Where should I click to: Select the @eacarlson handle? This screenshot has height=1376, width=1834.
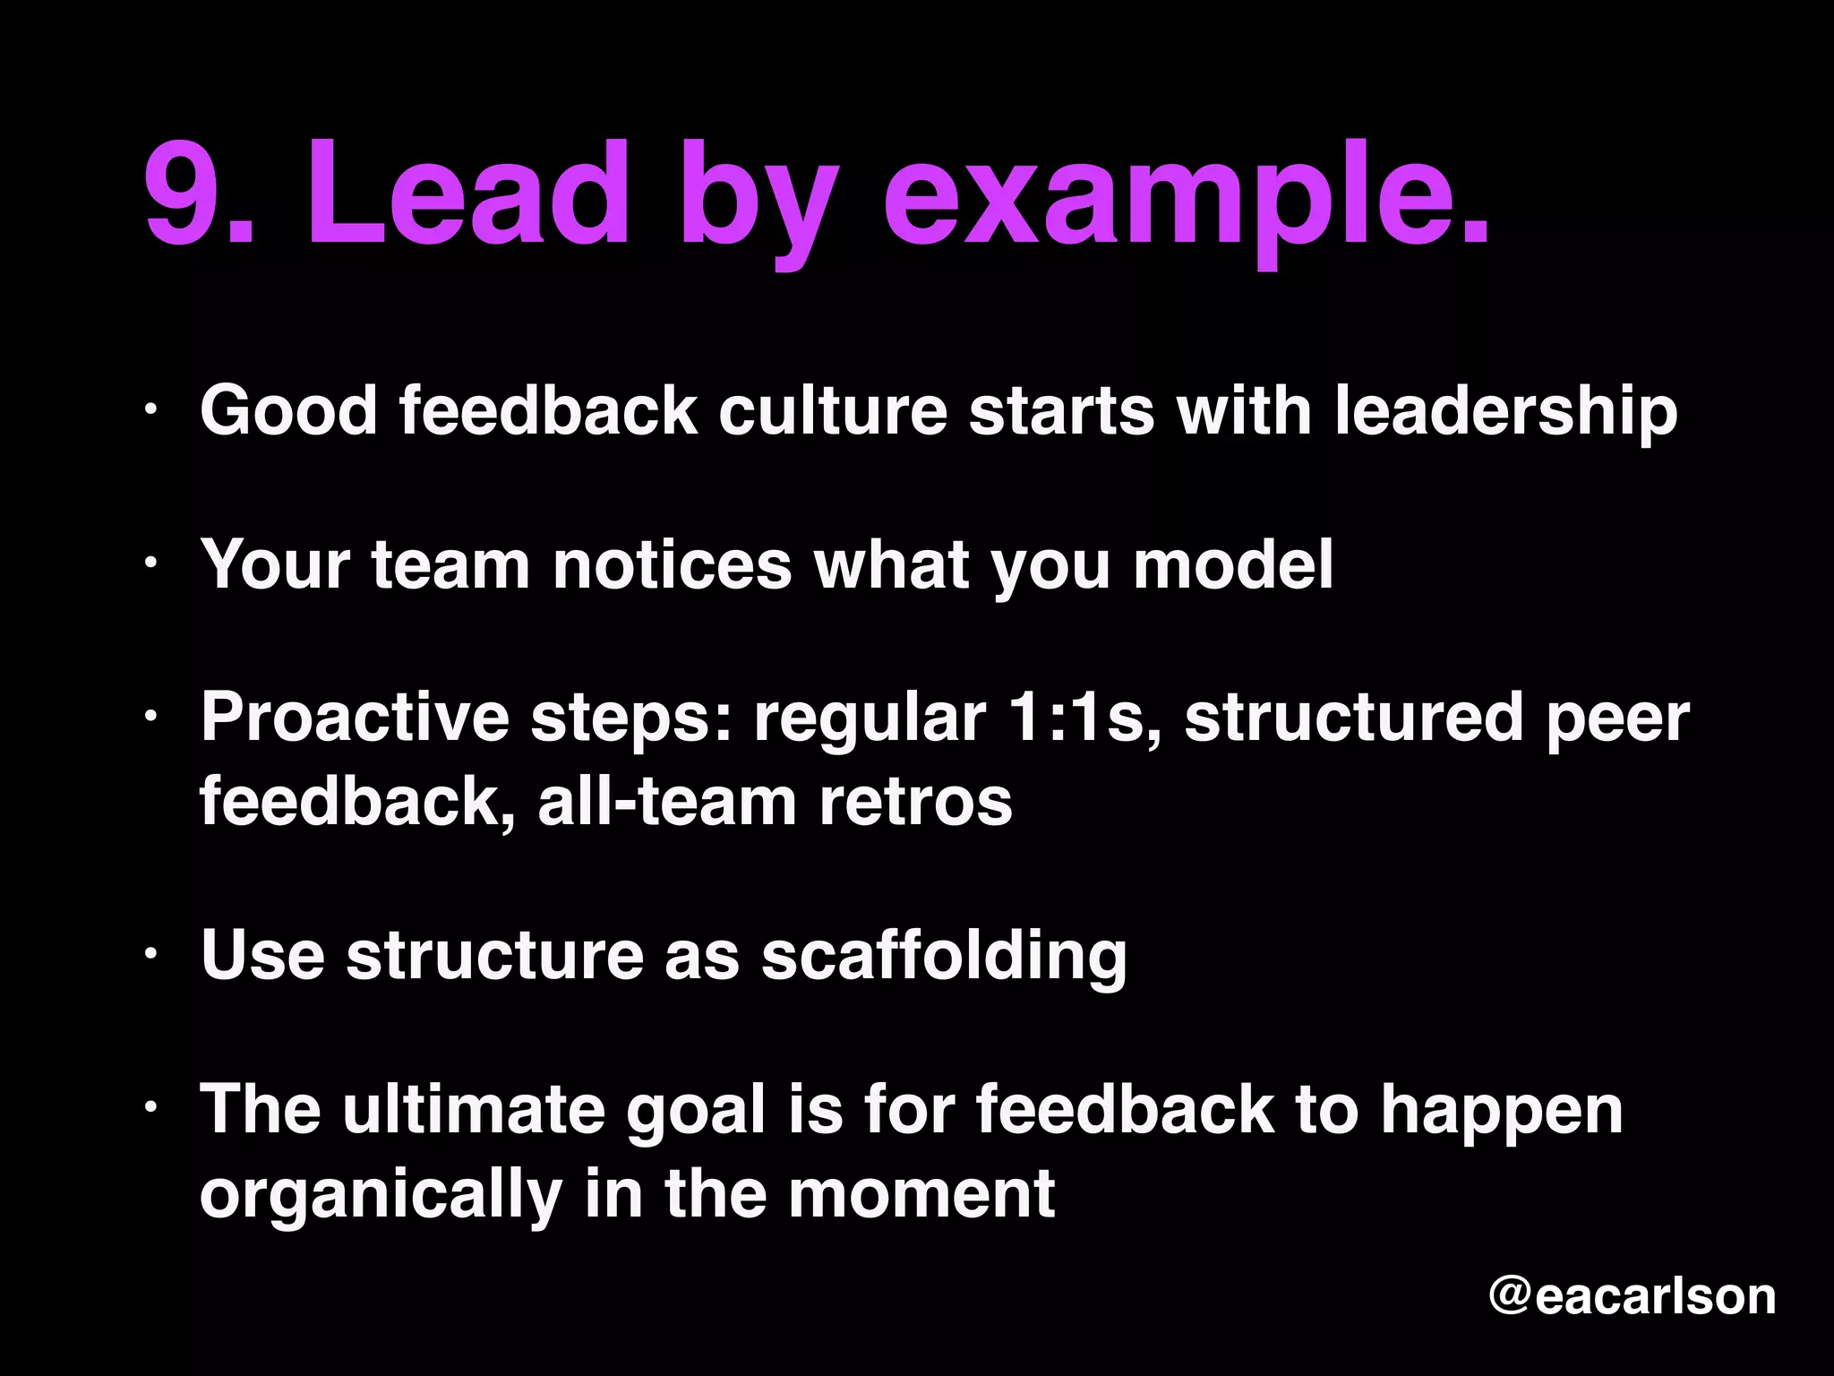(1632, 1296)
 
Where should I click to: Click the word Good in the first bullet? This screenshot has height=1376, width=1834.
(288, 410)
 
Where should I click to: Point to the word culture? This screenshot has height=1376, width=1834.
(832, 410)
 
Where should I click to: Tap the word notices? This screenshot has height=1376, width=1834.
(672, 564)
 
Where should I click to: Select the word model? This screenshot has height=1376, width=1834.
(1233, 564)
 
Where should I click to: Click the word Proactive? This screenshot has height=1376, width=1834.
(355, 717)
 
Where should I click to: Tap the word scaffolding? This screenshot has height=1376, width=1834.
(944, 956)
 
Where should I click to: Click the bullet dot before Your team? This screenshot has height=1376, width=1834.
(151, 563)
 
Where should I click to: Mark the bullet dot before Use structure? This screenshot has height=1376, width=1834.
(151, 955)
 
